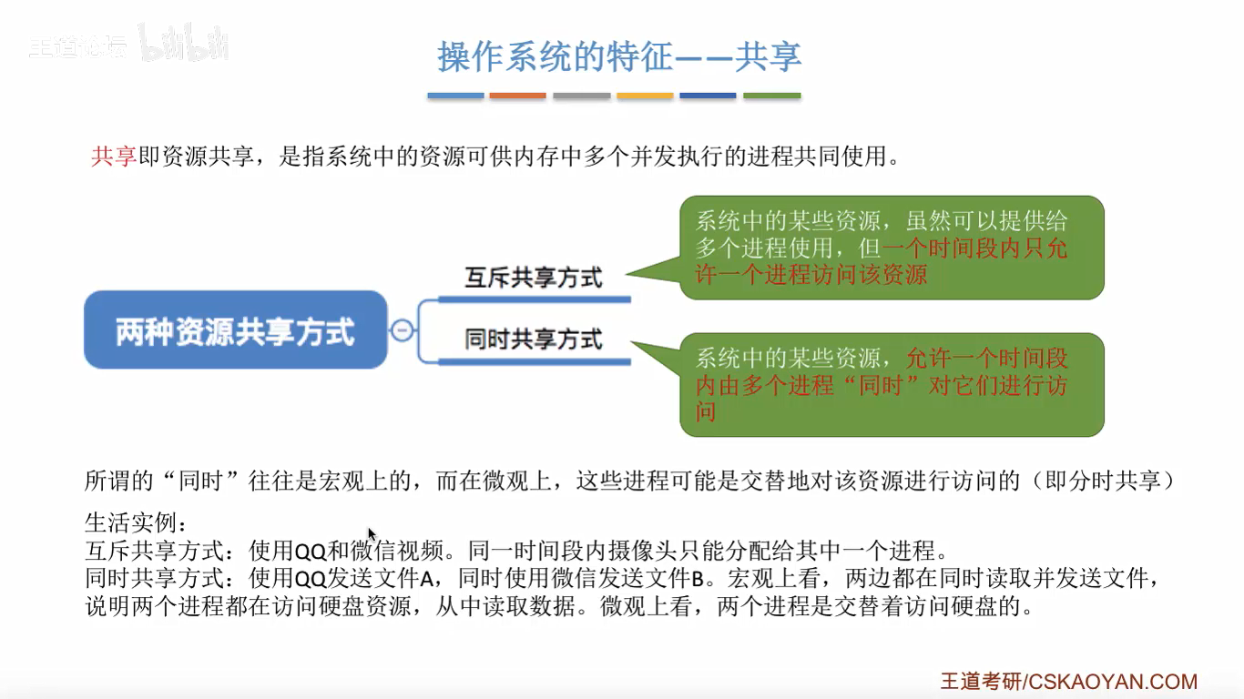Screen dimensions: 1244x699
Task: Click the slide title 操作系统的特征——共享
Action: tap(619, 56)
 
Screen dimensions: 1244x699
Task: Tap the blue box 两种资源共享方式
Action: tap(235, 330)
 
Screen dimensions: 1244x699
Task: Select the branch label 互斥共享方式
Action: tap(534, 277)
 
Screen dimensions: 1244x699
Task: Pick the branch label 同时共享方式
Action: tap(534, 339)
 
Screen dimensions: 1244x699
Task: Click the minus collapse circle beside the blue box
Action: tap(402, 330)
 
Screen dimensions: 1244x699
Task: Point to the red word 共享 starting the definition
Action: tap(113, 157)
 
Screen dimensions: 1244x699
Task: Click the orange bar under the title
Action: tap(517, 96)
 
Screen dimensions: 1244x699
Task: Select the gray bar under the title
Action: tap(581, 96)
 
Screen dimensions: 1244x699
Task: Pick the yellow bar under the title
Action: tap(645, 96)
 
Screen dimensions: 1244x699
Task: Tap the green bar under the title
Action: tap(772, 96)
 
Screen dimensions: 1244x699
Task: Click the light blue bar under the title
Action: tap(455, 96)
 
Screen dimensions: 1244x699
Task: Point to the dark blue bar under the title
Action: tap(708, 96)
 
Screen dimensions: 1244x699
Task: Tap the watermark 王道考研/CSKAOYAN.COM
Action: tap(1069, 681)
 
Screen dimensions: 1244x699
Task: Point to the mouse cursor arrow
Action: tap(372, 534)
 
